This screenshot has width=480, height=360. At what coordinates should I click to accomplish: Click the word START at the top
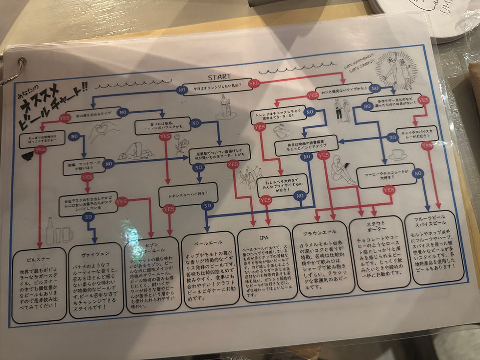[218, 77]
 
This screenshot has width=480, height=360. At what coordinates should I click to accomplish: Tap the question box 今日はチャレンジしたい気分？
[217, 89]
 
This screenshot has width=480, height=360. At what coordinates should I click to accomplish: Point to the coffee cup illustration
[397, 155]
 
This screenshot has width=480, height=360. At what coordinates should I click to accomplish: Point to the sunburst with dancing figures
[398, 70]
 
